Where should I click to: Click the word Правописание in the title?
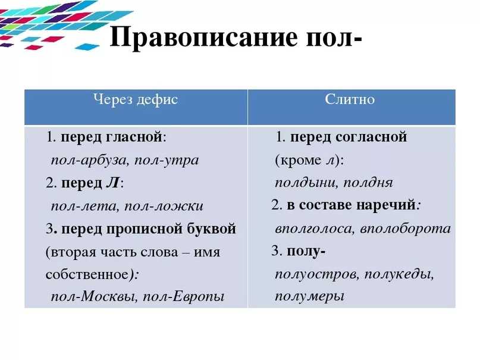click(x=203, y=38)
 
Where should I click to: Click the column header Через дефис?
click(x=136, y=100)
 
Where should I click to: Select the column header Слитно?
click(x=350, y=99)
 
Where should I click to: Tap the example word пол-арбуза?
click(x=89, y=161)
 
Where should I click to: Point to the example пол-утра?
click(x=167, y=161)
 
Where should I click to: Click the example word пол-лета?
click(x=84, y=206)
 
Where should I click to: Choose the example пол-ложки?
click(x=164, y=206)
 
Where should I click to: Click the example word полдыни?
click(x=306, y=183)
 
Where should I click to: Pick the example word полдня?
click(x=368, y=183)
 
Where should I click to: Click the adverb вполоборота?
click(x=405, y=228)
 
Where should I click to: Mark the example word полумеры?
click(x=309, y=296)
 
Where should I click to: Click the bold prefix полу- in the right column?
click(x=306, y=252)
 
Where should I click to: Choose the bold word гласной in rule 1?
click(x=134, y=137)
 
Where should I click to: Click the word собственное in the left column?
click(x=87, y=274)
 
